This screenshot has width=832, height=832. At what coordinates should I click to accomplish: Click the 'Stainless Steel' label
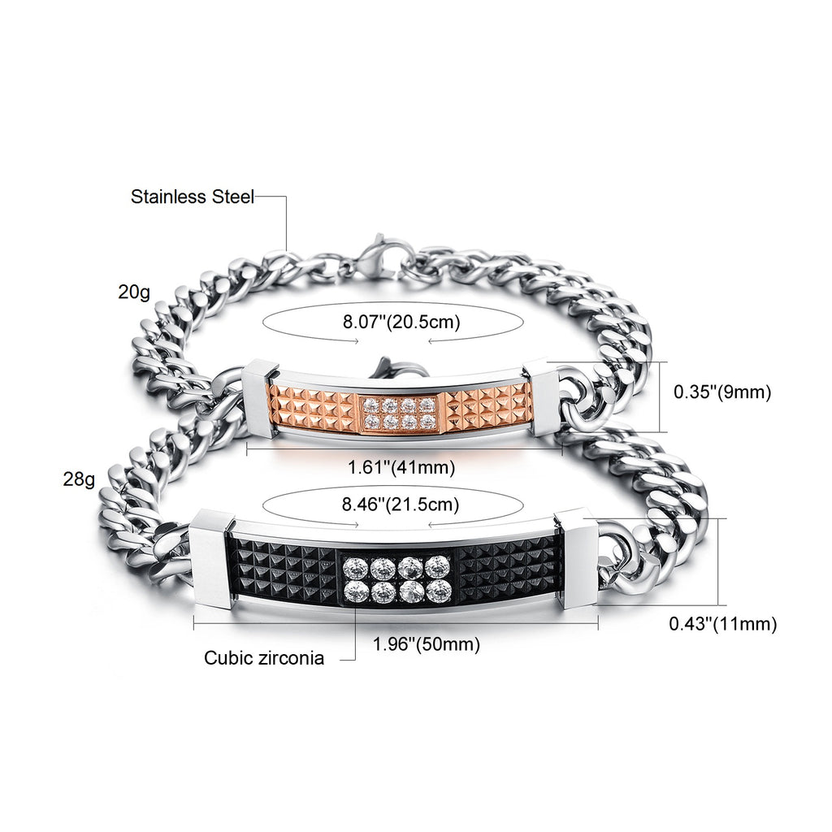click(x=193, y=197)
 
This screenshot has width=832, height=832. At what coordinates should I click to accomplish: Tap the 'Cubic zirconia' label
click(x=264, y=658)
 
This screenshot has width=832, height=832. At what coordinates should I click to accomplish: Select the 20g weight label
click(x=134, y=292)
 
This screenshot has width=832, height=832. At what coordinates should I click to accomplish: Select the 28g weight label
click(x=79, y=479)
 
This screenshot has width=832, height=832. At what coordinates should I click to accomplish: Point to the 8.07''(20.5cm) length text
click(x=401, y=322)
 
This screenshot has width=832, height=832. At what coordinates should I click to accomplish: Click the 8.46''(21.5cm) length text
click(x=400, y=504)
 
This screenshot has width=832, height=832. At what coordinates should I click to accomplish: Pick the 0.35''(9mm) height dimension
click(x=722, y=392)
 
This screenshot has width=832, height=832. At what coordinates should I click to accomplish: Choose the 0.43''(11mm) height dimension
click(x=722, y=623)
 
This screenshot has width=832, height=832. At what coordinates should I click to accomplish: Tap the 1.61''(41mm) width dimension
click(x=401, y=467)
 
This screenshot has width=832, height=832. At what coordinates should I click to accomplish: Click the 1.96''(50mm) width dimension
click(x=426, y=644)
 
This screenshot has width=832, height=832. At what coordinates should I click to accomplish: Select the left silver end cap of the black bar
click(x=211, y=560)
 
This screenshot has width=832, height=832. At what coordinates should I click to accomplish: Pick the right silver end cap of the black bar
click(x=577, y=560)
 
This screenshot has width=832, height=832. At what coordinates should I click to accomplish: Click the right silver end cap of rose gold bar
click(x=542, y=399)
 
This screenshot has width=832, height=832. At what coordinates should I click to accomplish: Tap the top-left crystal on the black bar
click(x=354, y=568)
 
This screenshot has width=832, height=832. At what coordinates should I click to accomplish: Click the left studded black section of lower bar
click(x=282, y=572)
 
